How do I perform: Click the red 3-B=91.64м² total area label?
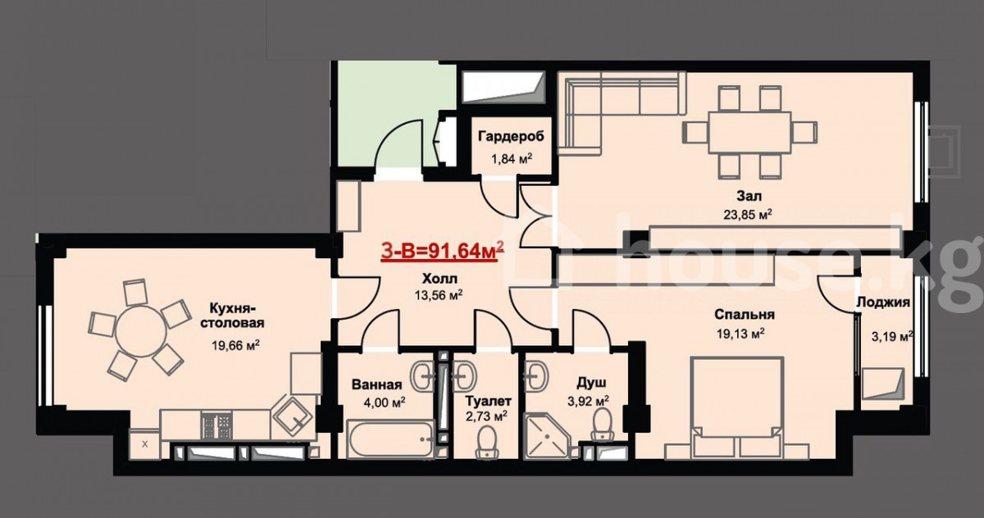(442, 252)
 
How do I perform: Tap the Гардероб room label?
(511, 136)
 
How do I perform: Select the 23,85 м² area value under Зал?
(748, 214)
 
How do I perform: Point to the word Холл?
(440, 279)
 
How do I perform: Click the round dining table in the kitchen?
(141, 331)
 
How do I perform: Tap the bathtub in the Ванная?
(390, 439)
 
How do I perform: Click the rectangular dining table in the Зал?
(749, 133)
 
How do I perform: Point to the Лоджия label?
(883, 302)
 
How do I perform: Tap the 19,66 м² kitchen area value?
(235, 346)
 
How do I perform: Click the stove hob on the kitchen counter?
(216, 425)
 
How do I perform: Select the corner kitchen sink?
(294, 415)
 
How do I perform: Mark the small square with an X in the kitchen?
(145, 443)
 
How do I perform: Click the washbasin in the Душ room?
(537, 375)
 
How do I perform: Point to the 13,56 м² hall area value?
(439, 295)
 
